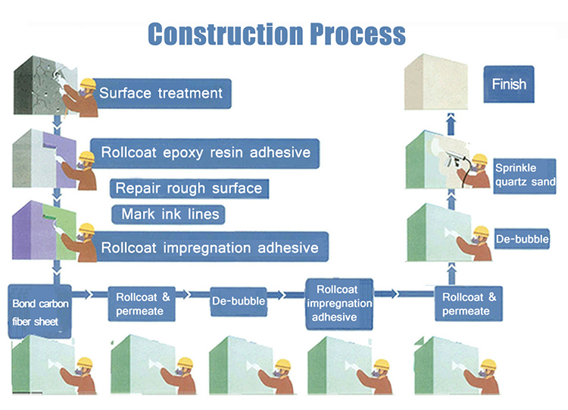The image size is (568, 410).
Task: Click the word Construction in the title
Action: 226,34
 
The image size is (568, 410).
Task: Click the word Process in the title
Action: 358,34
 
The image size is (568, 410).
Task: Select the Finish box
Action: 509,84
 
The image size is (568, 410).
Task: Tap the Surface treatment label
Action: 162,93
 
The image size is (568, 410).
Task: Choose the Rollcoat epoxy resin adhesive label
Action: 205,153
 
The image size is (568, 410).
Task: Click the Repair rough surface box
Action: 189,189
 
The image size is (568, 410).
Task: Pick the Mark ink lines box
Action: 169,214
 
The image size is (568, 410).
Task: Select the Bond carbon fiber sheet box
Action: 39,311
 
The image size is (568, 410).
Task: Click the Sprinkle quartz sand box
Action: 525,176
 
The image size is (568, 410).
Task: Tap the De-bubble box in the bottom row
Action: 239,301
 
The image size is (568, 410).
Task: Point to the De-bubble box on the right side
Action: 522,239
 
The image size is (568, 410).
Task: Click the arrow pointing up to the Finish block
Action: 451,124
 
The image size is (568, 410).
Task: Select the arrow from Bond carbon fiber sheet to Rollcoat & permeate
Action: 82,294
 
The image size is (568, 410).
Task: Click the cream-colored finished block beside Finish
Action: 435,82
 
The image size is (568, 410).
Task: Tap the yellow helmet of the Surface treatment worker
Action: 88,83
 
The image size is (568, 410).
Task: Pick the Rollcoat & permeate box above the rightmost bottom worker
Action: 468,304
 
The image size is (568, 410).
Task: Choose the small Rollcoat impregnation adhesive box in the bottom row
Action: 339,304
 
